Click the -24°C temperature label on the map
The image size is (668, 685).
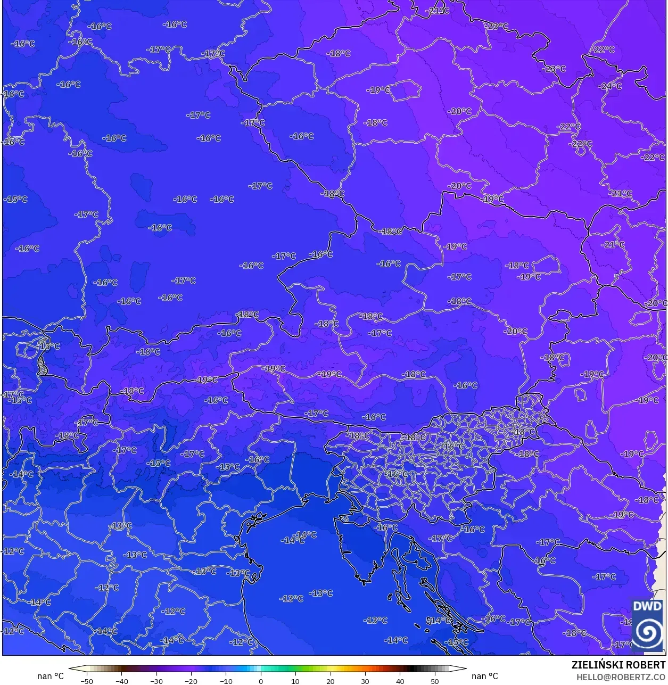pos(610,86)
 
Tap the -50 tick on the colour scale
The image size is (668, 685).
pos(87,681)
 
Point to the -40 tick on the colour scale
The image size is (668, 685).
pos(122,681)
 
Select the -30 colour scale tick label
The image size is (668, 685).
pos(156,681)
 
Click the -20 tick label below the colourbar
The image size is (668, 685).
pos(191,681)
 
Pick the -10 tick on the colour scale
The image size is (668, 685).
pos(226,681)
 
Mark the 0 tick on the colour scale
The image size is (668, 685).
pos(261,681)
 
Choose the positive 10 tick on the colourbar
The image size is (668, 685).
pos(295,681)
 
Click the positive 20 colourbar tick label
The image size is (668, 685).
pos(331,681)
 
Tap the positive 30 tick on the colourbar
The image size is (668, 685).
pos(365,681)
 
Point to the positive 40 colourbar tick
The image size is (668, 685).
pos(400,681)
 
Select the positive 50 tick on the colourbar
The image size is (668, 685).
pos(435,681)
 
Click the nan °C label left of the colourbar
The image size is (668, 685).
pos(51,676)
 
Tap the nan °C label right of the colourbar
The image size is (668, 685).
pos(485,676)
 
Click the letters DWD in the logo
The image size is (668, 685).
pos(647,607)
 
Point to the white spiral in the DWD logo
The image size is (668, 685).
pos(648,632)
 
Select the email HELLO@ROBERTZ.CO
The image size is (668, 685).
pos(621,677)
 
